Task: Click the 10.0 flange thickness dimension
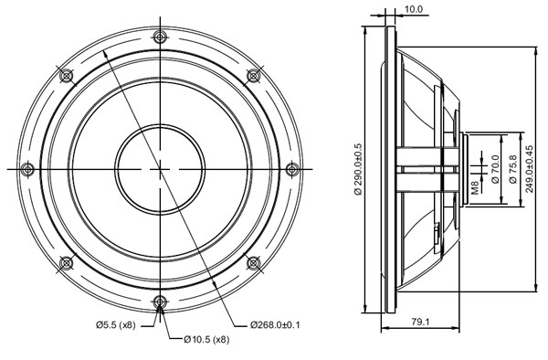414,9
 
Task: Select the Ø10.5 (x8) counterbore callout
206,341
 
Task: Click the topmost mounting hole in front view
161,37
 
